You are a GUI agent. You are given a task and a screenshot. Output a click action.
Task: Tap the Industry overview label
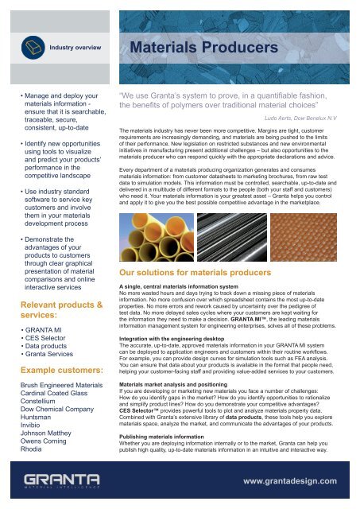pos(75,48)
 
